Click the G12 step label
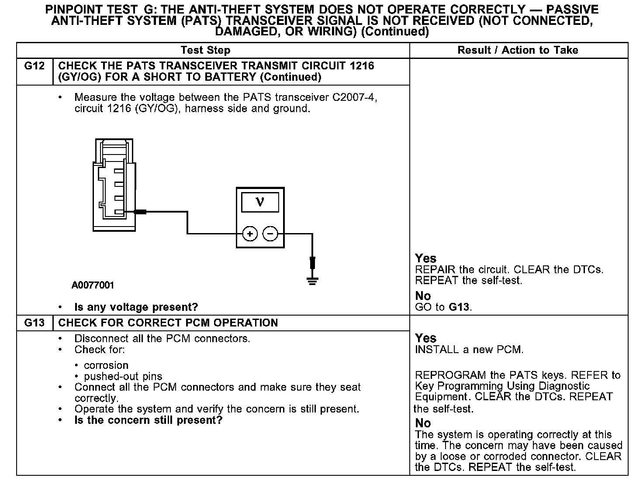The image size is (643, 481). tap(35, 66)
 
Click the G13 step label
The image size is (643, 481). tap(35, 323)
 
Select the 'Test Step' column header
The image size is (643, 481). tap(205, 50)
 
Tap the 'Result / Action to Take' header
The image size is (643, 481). tap(518, 50)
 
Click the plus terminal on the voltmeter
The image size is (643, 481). tap(250, 234)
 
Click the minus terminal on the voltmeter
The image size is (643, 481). tap(270, 234)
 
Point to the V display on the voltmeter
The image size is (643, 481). tap(260, 202)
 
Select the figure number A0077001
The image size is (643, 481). tap(93, 285)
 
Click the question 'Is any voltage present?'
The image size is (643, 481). tap(136, 307)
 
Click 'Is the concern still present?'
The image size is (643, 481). tap(149, 420)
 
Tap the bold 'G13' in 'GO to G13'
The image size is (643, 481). tap(459, 307)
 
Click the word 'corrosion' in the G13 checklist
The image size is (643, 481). tap(106, 365)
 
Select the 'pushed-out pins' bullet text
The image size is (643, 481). tap(123, 376)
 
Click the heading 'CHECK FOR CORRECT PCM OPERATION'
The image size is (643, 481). tap(168, 323)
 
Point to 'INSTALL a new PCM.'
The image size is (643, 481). tap(469, 350)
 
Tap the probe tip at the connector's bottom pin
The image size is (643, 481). tap(140, 212)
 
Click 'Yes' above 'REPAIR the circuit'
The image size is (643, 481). tap(425, 258)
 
